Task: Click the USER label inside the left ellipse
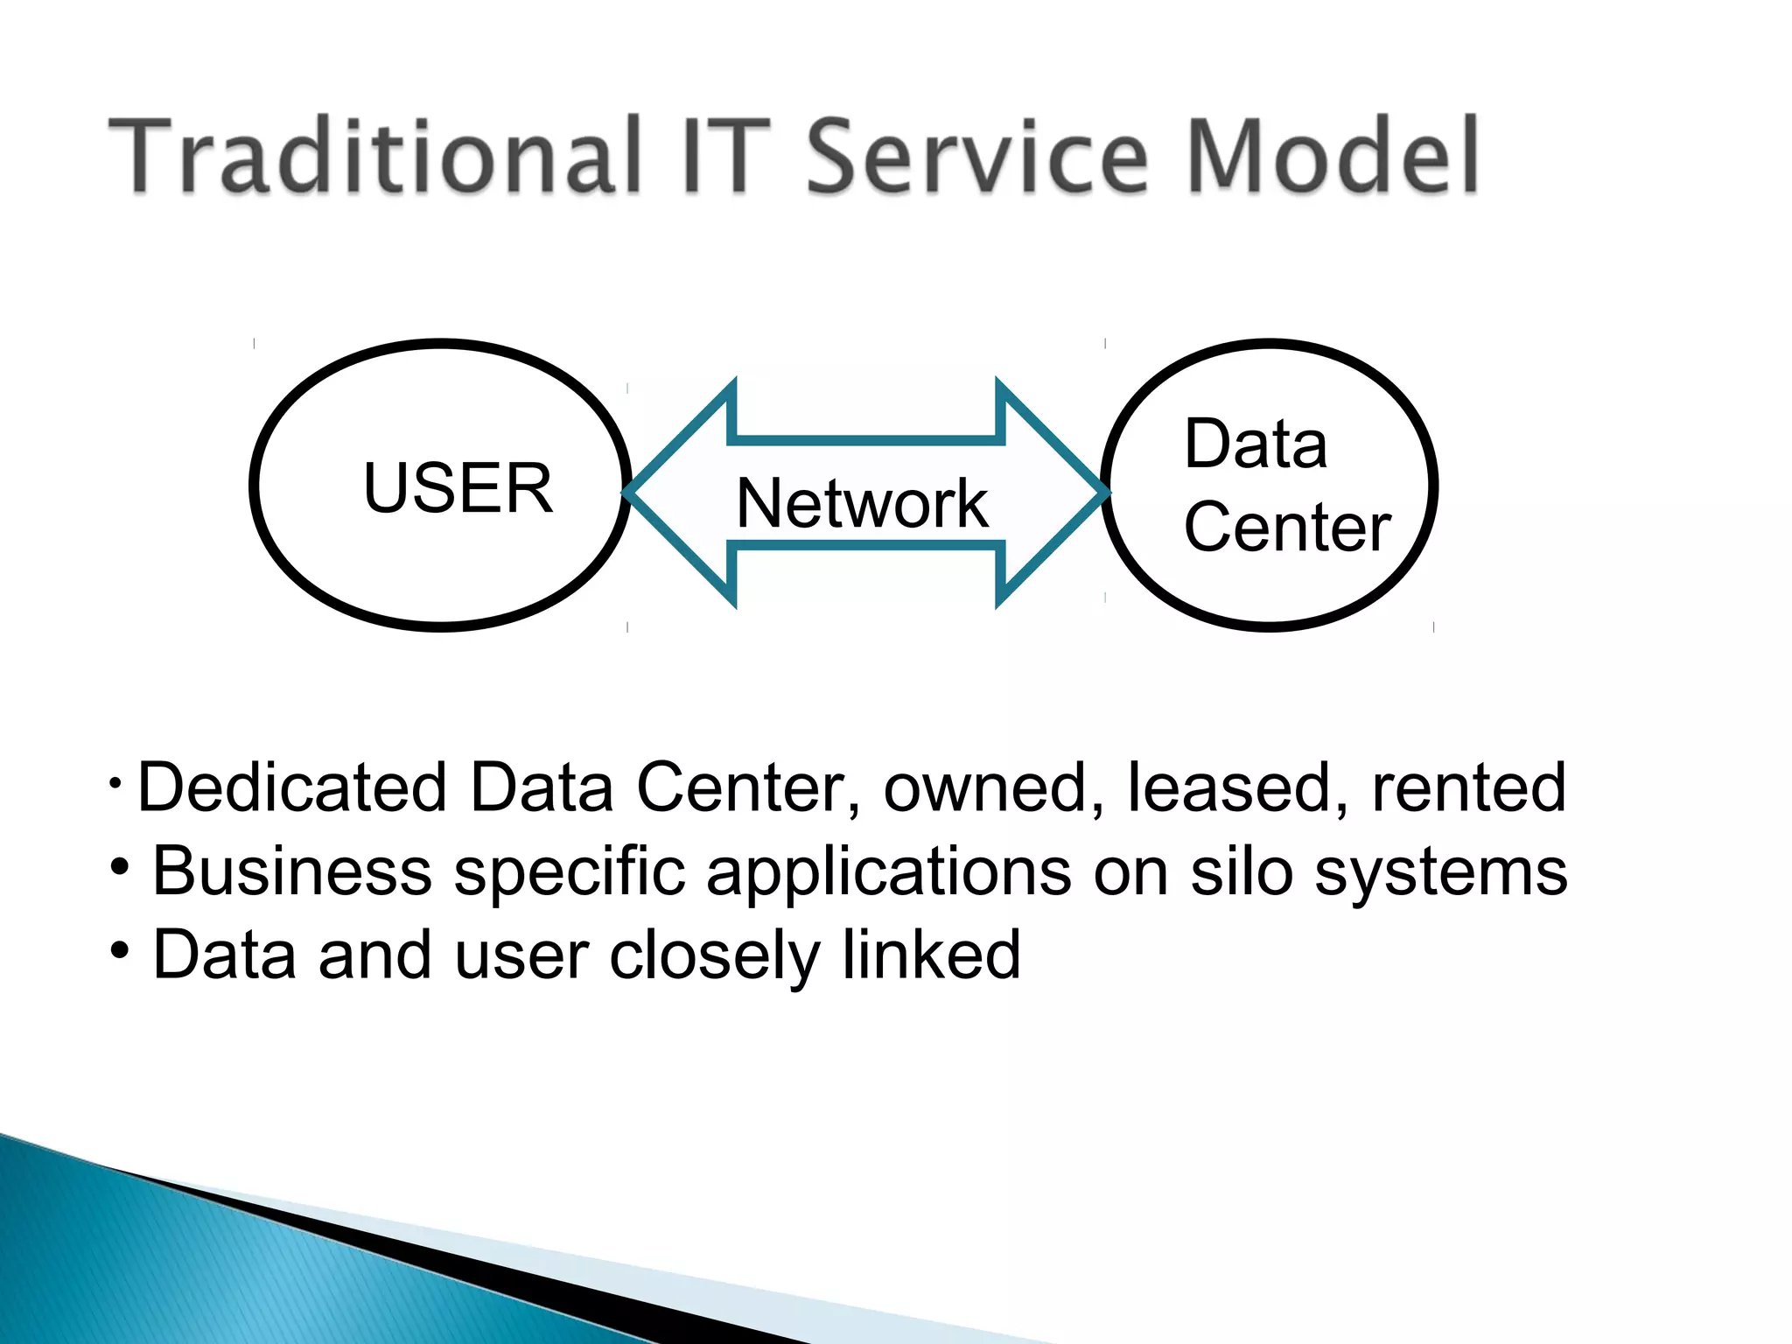click(x=458, y=488)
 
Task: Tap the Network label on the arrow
click(x=862, y=504)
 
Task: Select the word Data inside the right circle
click(x=1255, y=444)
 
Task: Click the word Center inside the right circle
click(x=1286, y=528)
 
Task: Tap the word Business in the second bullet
click(x=292, y=871)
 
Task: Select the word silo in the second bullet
click(x=1241, y=871)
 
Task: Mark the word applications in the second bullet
click(x=888, y=873)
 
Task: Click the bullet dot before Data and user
click(x=121, y=950)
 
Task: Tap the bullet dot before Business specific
click(x=121, y=867)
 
